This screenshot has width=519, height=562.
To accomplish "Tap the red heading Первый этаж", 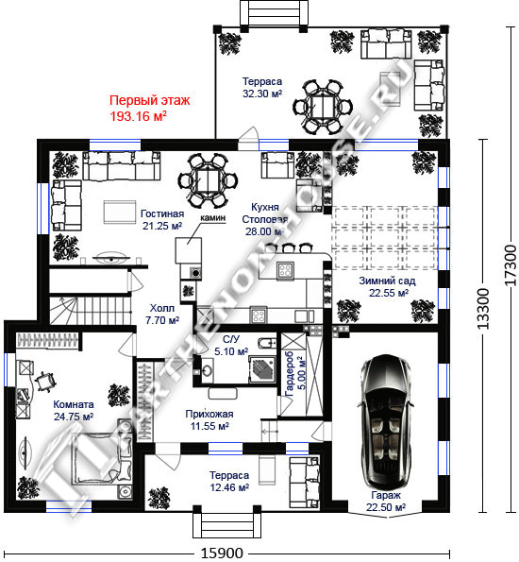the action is [149, 100].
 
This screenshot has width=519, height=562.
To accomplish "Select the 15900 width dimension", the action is [222, 553].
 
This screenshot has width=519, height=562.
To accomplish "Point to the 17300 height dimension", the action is [511, 265].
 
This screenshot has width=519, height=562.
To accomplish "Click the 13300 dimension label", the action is [483, 308].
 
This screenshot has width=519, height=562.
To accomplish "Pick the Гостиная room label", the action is [162, 213].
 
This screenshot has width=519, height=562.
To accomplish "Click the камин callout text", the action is [212, 217].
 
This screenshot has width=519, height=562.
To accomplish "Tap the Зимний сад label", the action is [387, 281].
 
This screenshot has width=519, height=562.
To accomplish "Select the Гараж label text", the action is [386, 495].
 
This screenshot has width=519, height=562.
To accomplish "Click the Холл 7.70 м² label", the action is [162, 314].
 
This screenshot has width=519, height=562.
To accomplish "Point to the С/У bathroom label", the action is [231, 339].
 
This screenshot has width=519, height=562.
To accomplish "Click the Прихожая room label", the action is [209, 414].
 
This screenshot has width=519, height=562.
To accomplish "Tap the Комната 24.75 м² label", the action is [74, 410].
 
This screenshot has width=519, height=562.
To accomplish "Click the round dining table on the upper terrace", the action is [323, 107].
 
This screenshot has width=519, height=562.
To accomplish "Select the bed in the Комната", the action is [103, 459].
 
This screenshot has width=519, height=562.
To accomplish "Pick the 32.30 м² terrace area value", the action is [262, 94].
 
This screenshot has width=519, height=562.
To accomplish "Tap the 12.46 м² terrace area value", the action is [229, 487].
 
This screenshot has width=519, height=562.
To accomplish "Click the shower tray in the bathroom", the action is [262, 369].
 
